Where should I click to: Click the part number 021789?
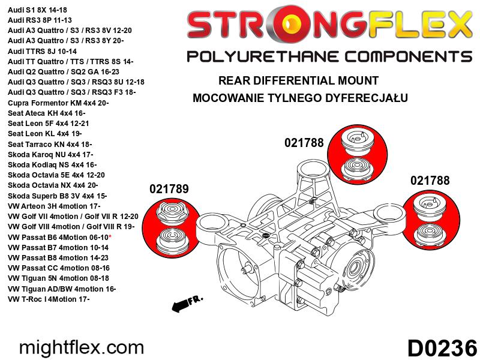pyautogui.click(x=169, y=189)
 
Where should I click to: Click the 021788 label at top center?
pyautogui.click(x=304, y=143)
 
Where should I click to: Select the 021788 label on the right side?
pyautogui.click(x=430, y=180)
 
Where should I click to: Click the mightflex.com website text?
pyautogui.click(x=82, y=347)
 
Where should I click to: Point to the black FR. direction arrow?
pyautogui.click(x=187, y=304)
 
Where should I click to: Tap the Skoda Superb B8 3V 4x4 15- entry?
pyautogui.click(x=58, y=196)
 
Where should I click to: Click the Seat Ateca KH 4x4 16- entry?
pyautogui.click(x=47, y=113)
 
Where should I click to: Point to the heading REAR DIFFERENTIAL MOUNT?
pyautogui.click(x=298, y=80)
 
